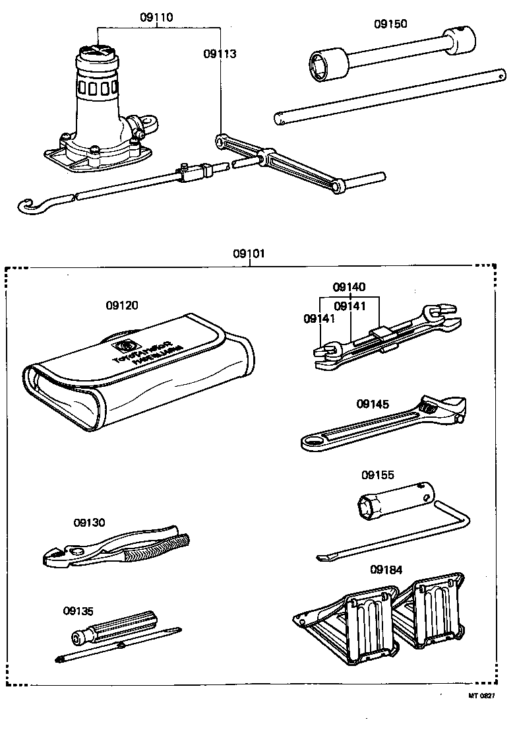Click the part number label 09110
(156, 18)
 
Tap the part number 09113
(220, 53)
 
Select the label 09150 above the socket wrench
(390, 24)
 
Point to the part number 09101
(249, 253)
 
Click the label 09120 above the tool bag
(122, 306)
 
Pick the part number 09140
(349, 287)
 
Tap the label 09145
(373, 405)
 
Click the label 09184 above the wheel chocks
(386, 570)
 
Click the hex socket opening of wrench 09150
(322, 63)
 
